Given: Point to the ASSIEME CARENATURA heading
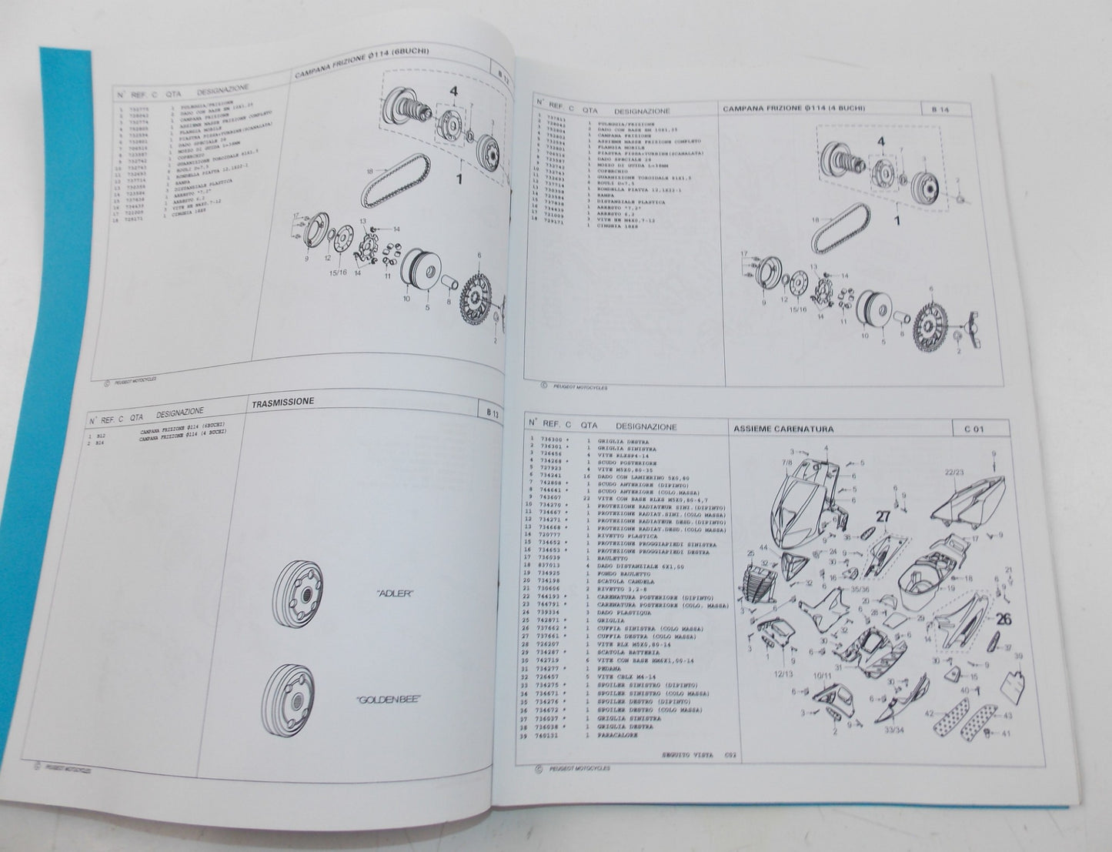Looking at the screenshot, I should [x=783, y=429].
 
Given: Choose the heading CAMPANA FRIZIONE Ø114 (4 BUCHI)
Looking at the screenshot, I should [x=793, y=109].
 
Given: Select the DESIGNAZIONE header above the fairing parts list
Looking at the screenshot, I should [x=646, y=426].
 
